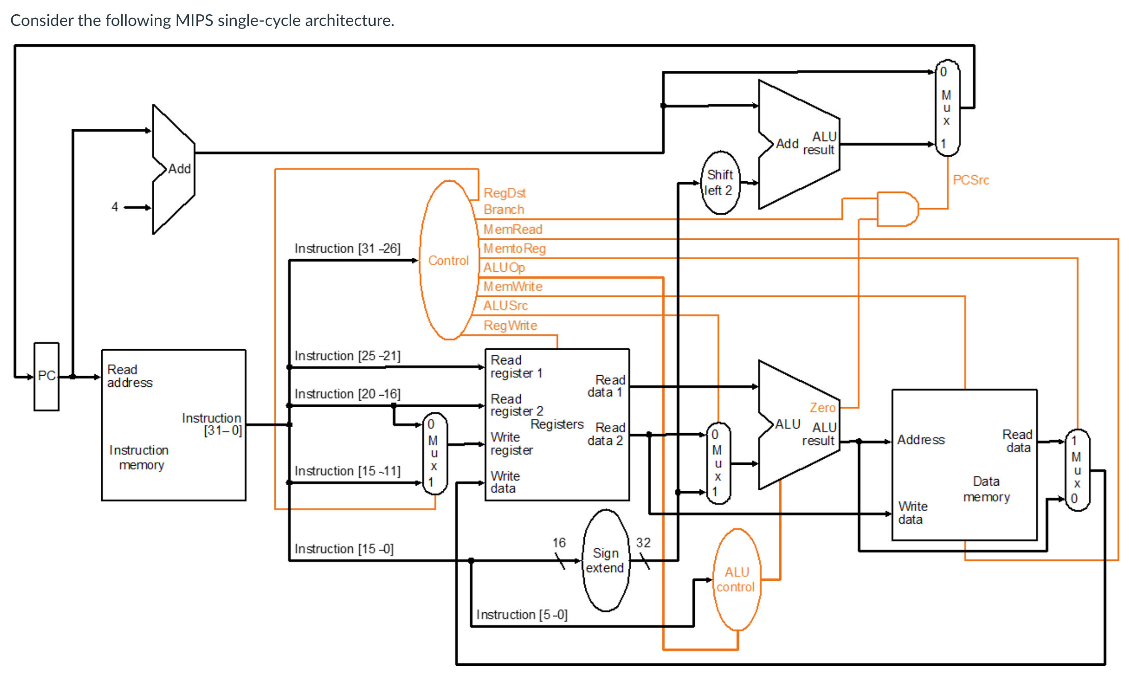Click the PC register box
(x=46, y=376)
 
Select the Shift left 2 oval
(x=720, y=183)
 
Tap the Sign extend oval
(x=605, y=560)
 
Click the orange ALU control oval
(x=736, y=579)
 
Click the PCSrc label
(x=971, y=180)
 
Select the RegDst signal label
(x=504, y=193)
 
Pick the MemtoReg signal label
(x=514, y=248)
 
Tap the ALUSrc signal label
(x=505, y=305)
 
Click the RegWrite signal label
(x=510, y=325)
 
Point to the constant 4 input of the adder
(x=115, y=207)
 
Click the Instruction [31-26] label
(x=347, y=248)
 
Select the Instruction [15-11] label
(x=347, y=471)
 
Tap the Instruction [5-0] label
(x=522, y=614)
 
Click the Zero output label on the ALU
(x=822, y=407)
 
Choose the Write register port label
(x=511, y=443)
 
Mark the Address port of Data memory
(x=920, y=440)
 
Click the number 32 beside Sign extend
(x=643, y=543)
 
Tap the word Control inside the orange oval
(x=448, y=261)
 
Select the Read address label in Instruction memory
(x=129, y=376)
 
